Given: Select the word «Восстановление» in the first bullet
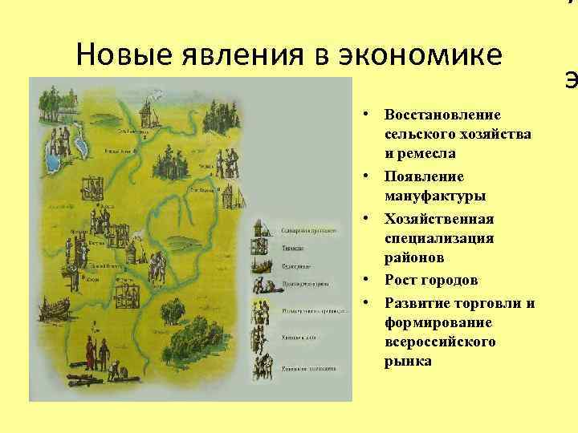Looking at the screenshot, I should [442, 115].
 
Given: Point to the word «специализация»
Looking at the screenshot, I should [439, 238].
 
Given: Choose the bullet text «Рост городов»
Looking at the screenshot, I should [431, 281].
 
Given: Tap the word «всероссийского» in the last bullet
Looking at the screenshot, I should [440, 342].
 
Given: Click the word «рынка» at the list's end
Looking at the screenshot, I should [408, 362].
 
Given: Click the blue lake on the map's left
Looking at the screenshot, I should [54, 153].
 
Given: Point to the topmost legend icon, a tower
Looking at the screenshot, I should [261, 231].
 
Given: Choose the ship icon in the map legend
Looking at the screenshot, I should [262, 265].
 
